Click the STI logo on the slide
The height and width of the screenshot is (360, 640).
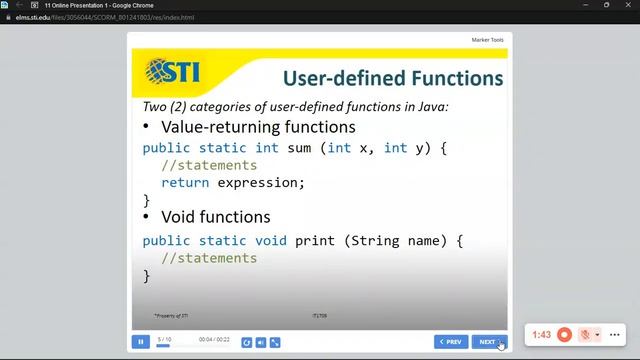click(x=172, y=72)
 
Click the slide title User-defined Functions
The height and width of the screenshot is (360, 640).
click(x=392, y=78)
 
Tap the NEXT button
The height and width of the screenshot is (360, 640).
click(x=488, y=342)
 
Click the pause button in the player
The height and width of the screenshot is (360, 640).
click(x=141, y=342)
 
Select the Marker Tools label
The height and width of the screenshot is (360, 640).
click(x=487, y=40)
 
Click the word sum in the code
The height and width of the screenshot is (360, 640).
click(x=299, y=148)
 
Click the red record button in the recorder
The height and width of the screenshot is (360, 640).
click(x=565, y=335)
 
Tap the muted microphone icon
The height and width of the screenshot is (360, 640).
click(x=585, y=335)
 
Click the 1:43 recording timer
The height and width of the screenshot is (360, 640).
click(x=541, y=335)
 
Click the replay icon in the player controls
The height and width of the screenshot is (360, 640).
click(x=247, y=342)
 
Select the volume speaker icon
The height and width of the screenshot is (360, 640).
click(x=261, y=342)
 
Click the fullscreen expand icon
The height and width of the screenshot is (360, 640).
click(x=275, y=342)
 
